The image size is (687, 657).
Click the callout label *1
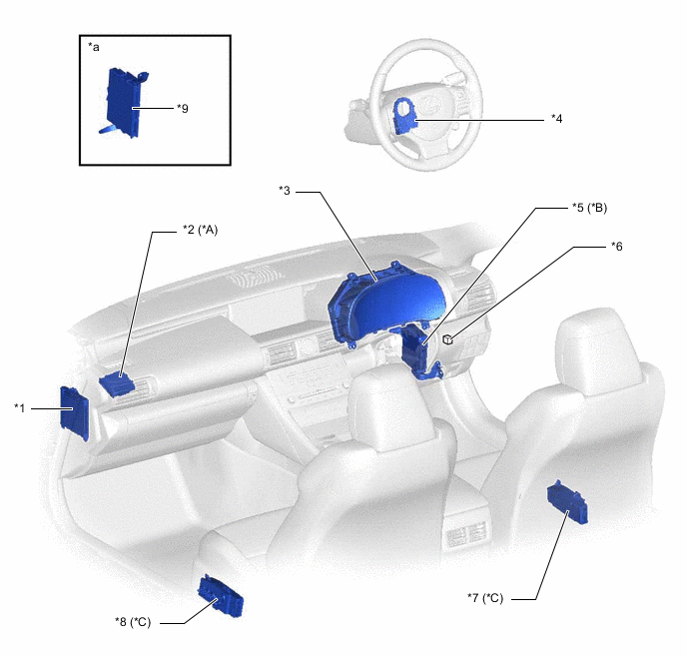point(20,408)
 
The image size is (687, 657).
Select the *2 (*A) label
point(201,230)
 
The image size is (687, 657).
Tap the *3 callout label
point(285,191)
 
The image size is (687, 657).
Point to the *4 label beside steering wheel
point(556,118)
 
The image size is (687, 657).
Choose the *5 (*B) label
point(590,207)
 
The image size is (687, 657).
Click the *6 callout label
point(617,247)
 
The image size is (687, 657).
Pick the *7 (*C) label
point(485,598)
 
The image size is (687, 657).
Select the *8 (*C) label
point(133,622)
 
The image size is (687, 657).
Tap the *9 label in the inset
point(183,108)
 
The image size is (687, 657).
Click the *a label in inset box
point(94,46)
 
